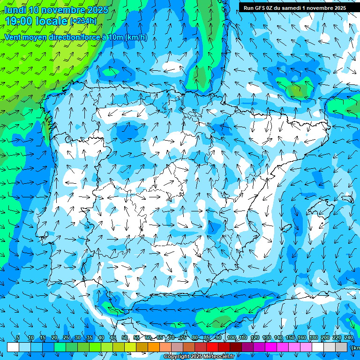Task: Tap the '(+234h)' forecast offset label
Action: pyautogui.click(x=83, y=21)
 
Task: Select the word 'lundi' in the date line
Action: pyautogui.click(x=15, y=10)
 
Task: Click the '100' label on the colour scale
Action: pyautogui.click(x=231, y=338)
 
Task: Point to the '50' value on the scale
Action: pyautogui.click(x=125, y=338)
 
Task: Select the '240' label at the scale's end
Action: pyautogui.click(x=348, y=338)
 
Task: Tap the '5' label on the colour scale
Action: pyautogui.click(x=18, y=338)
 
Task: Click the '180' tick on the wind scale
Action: pyautogui.click(x=313, y=338)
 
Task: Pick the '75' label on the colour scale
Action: pyautogui.click(x=183, y=338)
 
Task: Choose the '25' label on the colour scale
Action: pyautogui.click(x=66, y=338)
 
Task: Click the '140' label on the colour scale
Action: pyautogui.click(x=278, y=338)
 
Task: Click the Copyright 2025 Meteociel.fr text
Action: pyautogui.click(x=199, y=357)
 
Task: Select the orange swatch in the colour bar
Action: pyautogui.click(x=154, y=347)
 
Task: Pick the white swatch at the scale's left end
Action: pyautogui.click(x=13, y=347)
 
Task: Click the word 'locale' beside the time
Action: pyautogui.click(x=53, y=21)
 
